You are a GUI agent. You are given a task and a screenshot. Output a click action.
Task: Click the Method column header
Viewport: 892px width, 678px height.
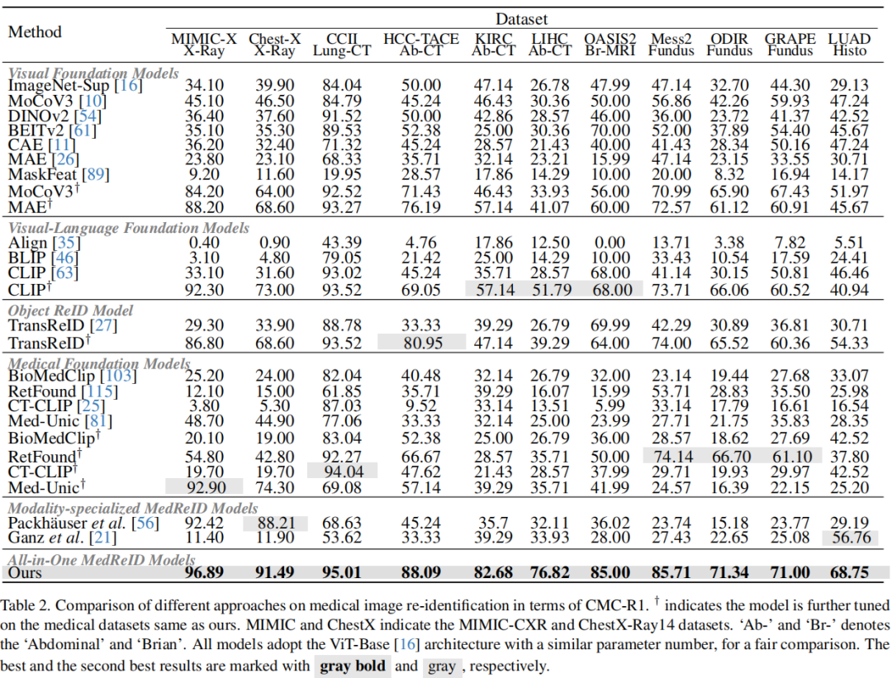[x=35, y=32]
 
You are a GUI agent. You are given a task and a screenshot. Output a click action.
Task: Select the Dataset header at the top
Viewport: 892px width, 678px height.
[x=521, y=18]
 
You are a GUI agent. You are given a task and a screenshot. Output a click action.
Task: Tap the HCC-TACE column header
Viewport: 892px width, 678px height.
[x=421, y=39]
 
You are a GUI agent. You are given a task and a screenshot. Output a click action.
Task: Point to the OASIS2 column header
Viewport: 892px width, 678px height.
[x=610, y=39]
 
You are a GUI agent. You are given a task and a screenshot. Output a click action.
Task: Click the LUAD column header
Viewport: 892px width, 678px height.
[x=849, y=39]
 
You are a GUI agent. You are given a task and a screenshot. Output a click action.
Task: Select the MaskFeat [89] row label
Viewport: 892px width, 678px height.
[x=58, y=174]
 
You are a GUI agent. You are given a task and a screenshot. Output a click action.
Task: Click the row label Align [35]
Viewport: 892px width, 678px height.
[x=41, y=242]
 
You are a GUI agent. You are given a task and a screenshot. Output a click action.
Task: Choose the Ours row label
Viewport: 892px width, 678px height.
[x=26, y=572]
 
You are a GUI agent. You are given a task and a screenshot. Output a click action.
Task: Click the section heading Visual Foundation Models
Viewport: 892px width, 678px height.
[x=93, y=73]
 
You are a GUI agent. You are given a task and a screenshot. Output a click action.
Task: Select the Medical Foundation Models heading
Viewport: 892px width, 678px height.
[x=99, y=363]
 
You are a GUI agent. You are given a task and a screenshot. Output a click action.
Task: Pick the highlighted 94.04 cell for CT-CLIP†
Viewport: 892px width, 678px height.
[x=341, y=471]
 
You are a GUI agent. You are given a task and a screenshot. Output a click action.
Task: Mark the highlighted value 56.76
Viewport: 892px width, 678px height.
[x=848, y=538]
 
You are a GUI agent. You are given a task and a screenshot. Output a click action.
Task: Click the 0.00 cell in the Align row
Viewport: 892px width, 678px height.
[x=610, y=242]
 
